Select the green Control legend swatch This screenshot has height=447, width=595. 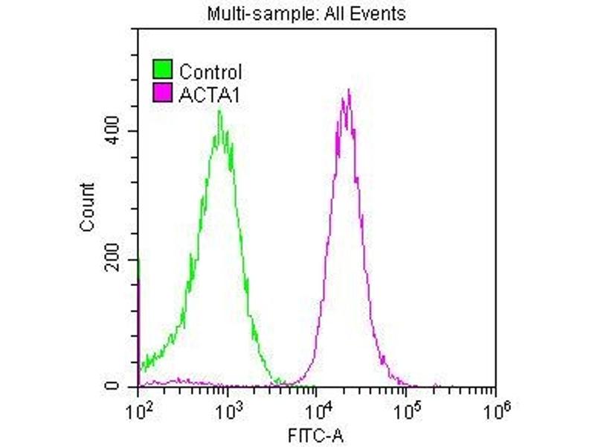[x=163, y=72]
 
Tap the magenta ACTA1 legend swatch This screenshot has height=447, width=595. [x=163, y=94]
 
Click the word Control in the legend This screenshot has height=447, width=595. [x=211, y=72]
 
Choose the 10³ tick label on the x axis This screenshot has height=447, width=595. [x=228, y=408]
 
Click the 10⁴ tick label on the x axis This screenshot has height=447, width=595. [x=318, y=408]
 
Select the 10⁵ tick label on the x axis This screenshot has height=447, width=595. [x=406, y=408]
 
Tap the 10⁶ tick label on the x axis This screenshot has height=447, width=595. [x=495, y=408]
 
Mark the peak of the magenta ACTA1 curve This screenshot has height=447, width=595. [x=348, y=91]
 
